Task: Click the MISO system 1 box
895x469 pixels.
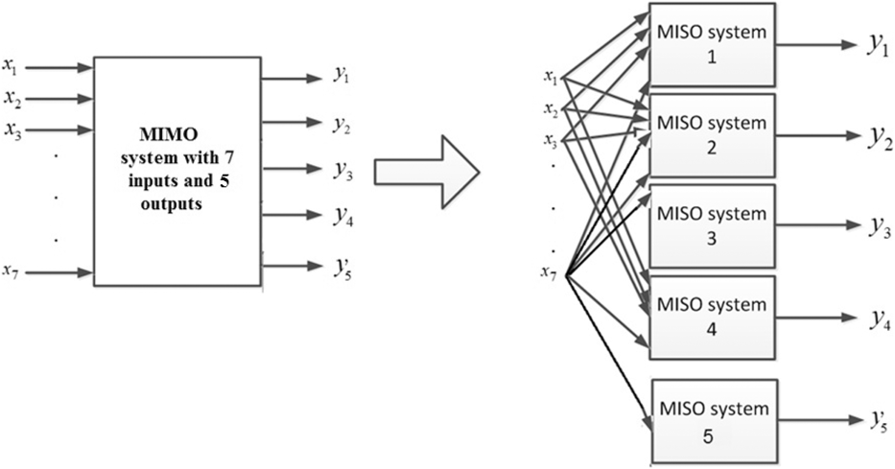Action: tap(712, 44)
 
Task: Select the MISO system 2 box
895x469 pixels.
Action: tap(712, 135)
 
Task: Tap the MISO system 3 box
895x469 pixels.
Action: tap(712, 225)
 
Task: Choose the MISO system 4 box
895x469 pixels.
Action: tap(712, 317)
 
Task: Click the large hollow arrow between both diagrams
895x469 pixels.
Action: tap(426, 172)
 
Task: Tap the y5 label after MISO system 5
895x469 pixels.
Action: tap(876, 419)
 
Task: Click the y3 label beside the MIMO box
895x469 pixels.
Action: tap(342, 169)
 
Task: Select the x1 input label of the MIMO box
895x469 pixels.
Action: tap(11, 67)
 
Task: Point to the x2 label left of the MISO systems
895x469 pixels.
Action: tap(549, 108)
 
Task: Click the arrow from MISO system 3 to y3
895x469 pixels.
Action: tap(815, 226)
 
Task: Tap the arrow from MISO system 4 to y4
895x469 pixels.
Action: tap(815, 318)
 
